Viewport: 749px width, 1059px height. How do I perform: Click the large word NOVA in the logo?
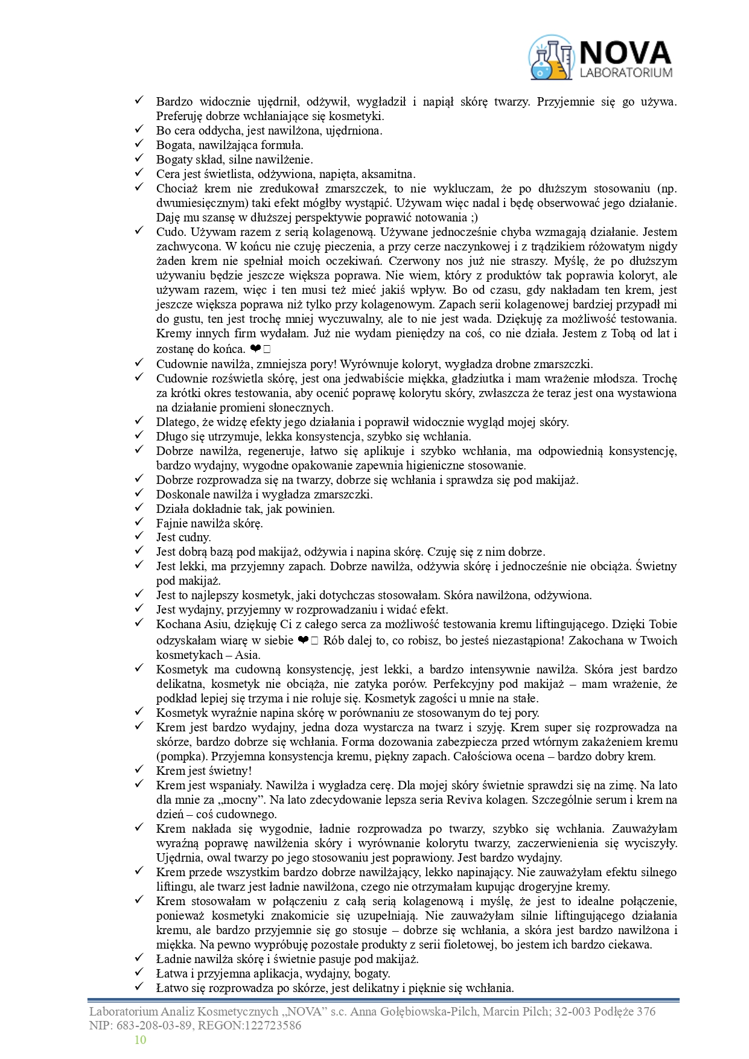[625, 52]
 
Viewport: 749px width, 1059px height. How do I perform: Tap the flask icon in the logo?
[550, 58]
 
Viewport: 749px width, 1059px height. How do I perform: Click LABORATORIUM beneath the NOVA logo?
[625, 73]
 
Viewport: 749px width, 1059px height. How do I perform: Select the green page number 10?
[140, 1040]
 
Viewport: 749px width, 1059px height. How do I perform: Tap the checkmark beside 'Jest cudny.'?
[139, 536]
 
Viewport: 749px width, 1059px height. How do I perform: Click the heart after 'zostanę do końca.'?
[255, 349]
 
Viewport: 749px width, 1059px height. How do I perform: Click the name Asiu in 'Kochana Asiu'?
[214, 624]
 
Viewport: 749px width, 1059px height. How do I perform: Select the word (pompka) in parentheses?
[179, 756]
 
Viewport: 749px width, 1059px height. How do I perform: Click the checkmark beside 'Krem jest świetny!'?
[139, 769]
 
